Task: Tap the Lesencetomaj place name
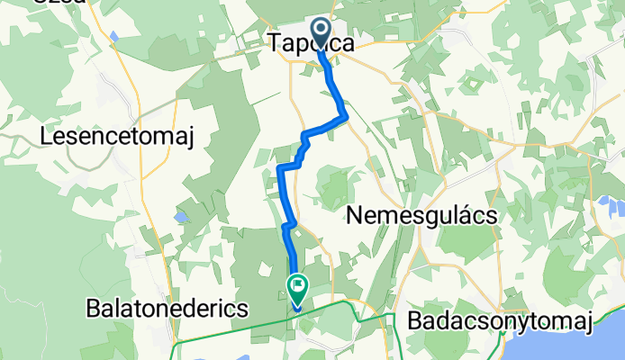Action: tap(117, 136)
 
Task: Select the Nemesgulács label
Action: tap(416, 217)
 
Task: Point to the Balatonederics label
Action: tap(167, 308)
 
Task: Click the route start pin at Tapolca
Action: tap(320, 28)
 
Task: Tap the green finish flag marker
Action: tap(297, 287)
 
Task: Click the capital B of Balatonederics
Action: tap(92, 308)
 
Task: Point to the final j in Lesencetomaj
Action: tap(189, 138)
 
